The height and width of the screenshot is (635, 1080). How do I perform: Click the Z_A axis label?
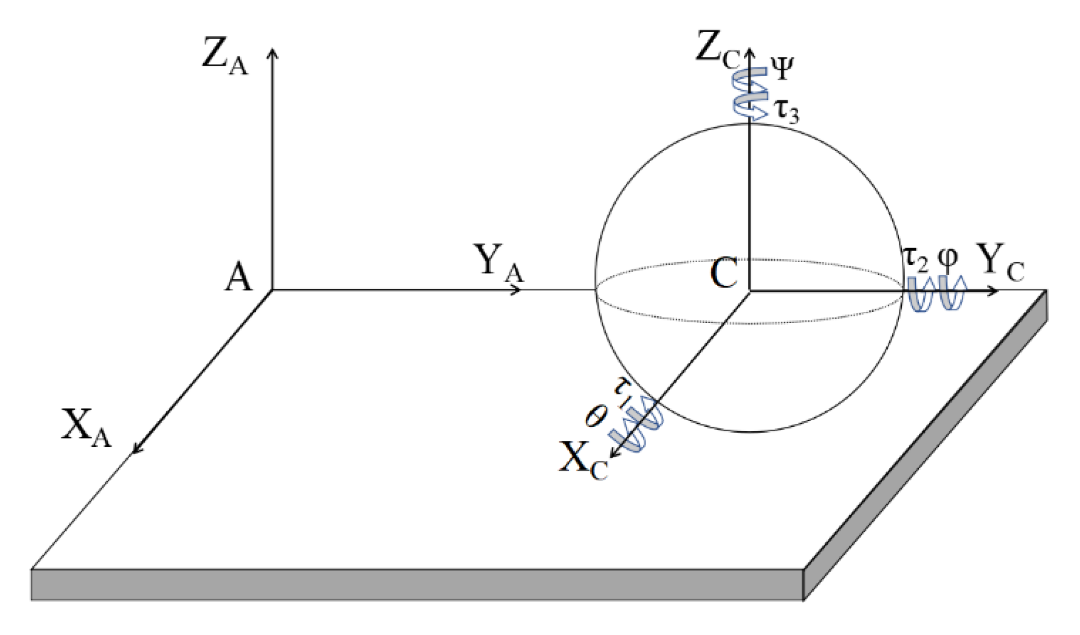(225, 58)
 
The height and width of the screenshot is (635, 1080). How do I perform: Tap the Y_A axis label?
(498, 263)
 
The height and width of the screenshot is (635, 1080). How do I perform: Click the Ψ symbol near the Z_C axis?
(781, 69)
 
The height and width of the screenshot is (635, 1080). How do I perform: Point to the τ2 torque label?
(915, 259)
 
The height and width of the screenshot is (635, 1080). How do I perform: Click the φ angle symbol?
(948, 259)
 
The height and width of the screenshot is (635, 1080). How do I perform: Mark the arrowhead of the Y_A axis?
(517, 290)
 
